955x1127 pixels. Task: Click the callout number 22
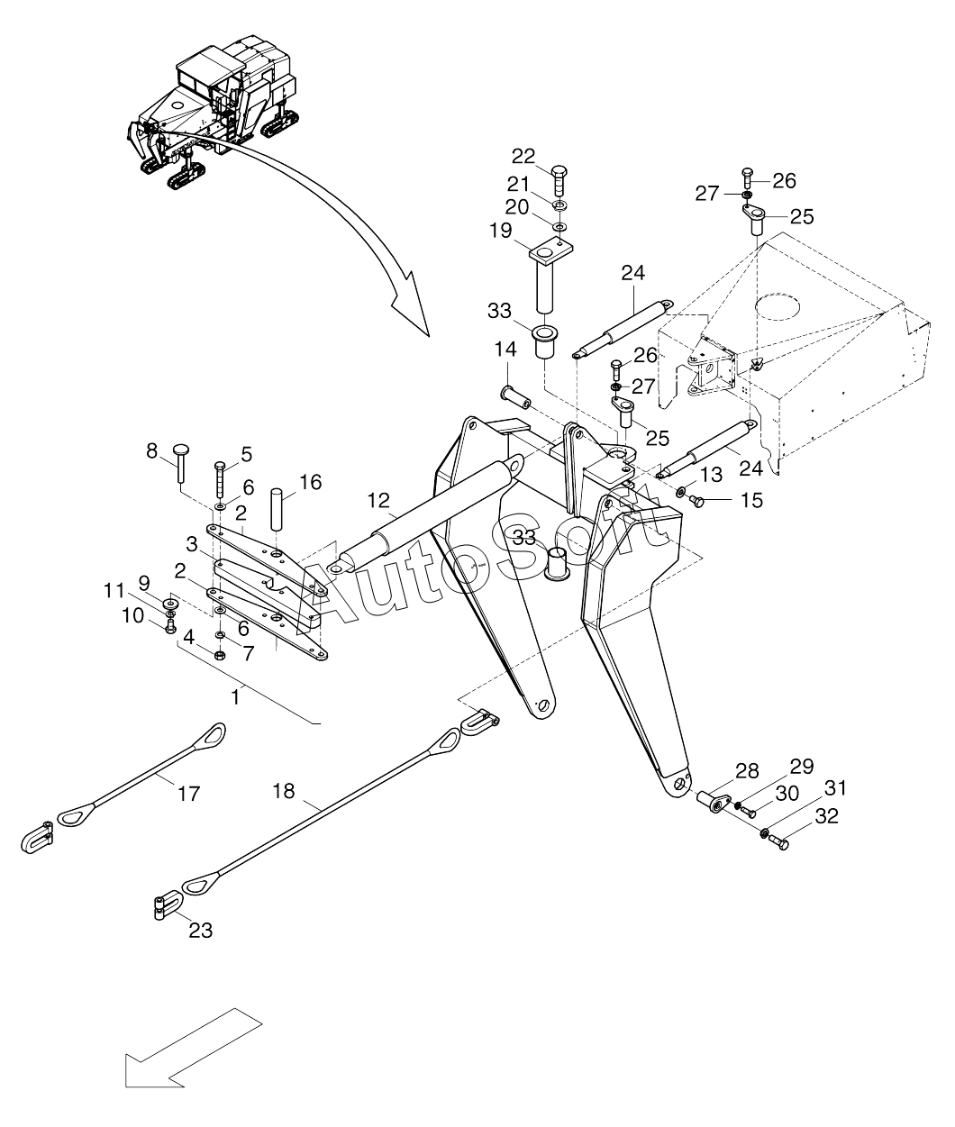point(523,157)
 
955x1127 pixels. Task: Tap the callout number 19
point(500,230)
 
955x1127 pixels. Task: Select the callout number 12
point(378,500)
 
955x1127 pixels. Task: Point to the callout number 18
point(284,791)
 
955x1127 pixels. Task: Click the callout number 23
point(200,930)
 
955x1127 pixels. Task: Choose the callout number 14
point(505,349)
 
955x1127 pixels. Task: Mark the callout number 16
point(310,482)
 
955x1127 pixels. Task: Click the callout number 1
point(235,697)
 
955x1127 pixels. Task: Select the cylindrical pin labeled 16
point(277,509)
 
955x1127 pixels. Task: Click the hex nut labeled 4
point(221,654)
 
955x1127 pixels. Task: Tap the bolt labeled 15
point(696,500)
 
